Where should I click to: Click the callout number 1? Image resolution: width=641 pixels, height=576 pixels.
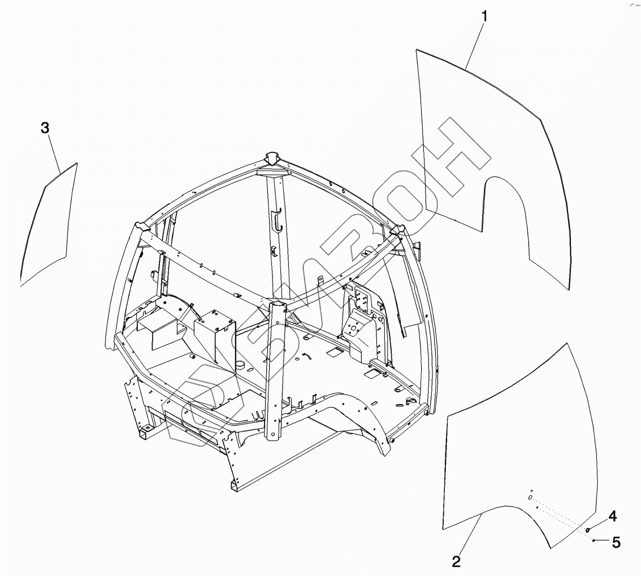click(x=484, y=16)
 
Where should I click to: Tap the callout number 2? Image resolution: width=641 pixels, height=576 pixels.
click(x=456, y=561)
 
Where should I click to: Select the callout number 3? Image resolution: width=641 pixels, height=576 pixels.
click(x=45, y=128)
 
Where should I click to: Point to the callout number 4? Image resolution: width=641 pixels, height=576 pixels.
click(x=612, y=516)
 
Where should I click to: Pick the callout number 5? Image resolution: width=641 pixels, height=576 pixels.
click(x=616, y=543)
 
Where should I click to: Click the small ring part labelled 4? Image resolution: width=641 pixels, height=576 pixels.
click(x=588, y=530)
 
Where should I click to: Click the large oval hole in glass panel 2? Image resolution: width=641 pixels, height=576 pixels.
click(x=530, y=497)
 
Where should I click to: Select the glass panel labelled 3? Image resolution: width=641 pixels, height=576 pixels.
click(x=50, y=226)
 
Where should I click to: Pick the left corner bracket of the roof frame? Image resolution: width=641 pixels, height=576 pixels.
click(x=140, y=227)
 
